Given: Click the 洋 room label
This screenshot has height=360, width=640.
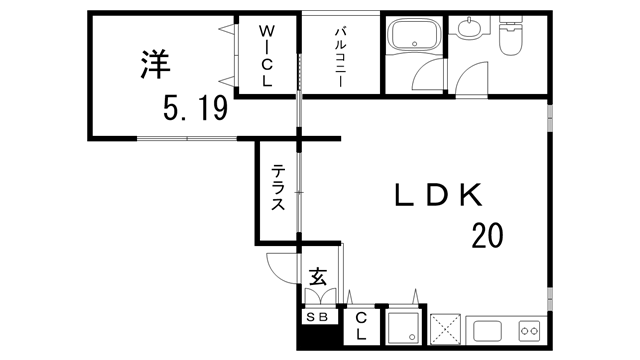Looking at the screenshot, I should point(154,63).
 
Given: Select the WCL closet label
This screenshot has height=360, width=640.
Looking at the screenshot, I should point(267,57).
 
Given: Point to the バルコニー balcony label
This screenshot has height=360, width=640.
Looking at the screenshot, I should point(340,57).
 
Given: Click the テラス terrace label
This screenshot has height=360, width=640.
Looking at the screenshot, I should point(279,188).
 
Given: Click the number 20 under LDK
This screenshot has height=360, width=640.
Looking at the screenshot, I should point(487,236).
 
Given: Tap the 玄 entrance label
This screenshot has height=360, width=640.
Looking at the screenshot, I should point(318,276).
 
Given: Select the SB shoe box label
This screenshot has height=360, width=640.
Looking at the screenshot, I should point(317,317).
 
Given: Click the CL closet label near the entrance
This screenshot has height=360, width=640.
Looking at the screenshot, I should point(360,324).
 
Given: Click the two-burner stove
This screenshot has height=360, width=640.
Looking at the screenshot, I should point(529,330).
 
